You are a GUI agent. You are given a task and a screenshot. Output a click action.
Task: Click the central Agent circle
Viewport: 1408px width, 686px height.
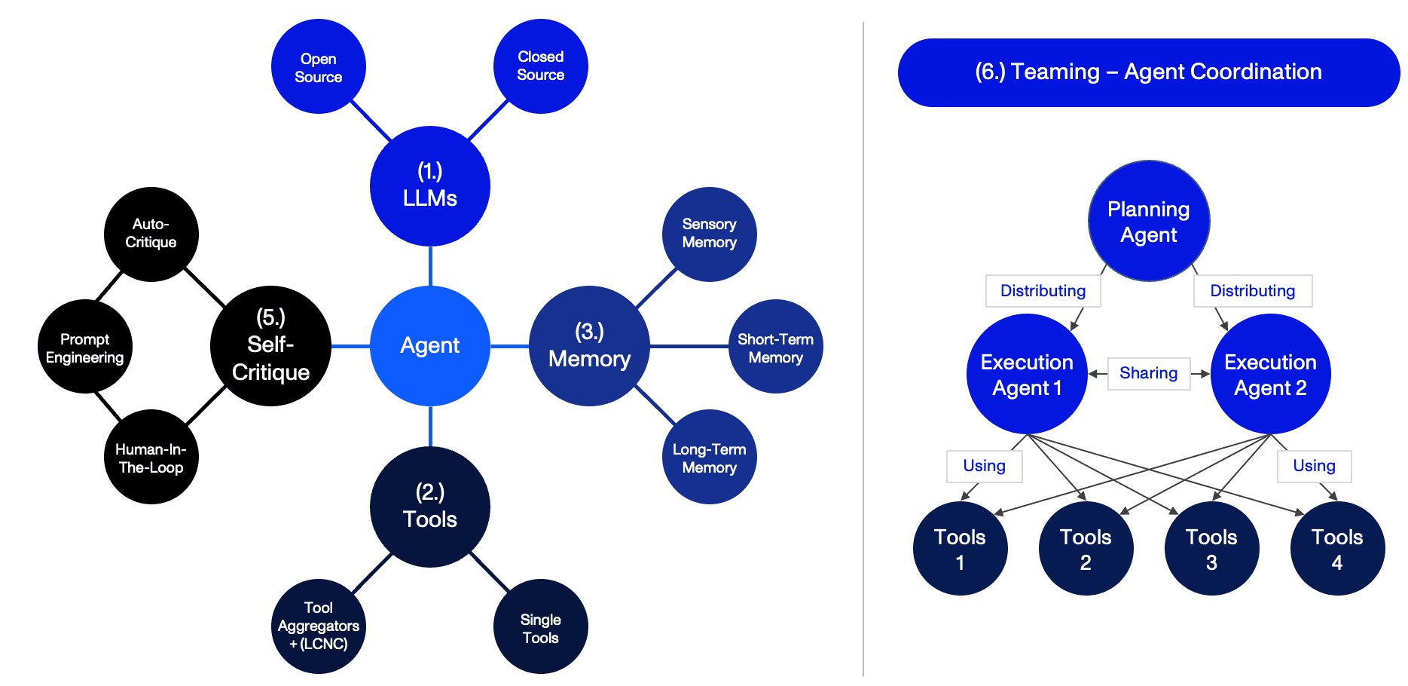click(430, 346)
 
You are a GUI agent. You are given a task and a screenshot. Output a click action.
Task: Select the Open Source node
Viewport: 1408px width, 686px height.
click(319, 67)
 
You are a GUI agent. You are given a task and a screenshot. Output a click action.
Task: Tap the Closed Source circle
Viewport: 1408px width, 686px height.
click(541, 66)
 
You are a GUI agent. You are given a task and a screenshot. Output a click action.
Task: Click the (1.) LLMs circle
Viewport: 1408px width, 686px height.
click(430, 185)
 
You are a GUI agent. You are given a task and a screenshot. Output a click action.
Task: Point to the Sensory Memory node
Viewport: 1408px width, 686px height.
click(709, 234)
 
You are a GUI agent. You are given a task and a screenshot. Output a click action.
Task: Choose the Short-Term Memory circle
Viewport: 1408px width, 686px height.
click(775, 347)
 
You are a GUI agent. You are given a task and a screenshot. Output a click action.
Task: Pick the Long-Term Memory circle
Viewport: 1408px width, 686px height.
click(709, 457)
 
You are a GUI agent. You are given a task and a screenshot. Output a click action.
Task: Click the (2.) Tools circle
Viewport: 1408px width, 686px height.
click(430, 507)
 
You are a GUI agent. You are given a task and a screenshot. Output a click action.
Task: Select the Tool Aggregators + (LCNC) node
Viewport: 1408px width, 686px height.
click(319, 626)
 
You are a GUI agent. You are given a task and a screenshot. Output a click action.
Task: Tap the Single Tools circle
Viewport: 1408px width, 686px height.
click(541, 626)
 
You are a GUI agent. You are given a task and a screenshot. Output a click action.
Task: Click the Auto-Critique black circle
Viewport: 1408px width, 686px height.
click(151, 234)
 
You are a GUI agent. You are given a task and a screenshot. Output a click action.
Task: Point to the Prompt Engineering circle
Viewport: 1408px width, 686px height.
click(85, 347)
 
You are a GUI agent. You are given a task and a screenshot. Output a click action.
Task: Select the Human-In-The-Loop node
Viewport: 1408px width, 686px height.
click(151, 457)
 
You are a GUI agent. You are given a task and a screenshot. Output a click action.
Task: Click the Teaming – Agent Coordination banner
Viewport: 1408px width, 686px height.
click(1148, 72)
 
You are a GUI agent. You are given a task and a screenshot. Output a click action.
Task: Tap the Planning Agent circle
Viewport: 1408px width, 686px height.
click(1149, 221)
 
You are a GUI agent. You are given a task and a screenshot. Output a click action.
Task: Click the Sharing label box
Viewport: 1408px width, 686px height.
click(1148, 373)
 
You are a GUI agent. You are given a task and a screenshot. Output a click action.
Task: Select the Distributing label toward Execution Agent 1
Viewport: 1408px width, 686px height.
click(1043, 291)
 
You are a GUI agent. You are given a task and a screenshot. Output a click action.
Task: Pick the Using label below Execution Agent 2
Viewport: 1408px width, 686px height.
click(1314, 466)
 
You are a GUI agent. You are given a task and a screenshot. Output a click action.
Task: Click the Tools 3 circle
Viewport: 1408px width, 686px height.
click(1211, 548)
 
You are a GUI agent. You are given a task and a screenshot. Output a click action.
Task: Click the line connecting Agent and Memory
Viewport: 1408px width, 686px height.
click(510, 346)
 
